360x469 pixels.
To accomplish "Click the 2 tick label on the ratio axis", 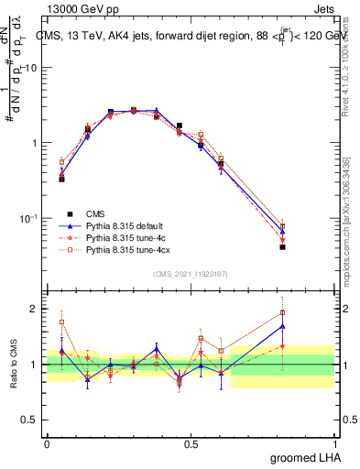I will [x=33, y=310].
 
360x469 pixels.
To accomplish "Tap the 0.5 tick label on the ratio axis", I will [x=29, y=420].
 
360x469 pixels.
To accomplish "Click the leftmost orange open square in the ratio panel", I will [x=61, y=322].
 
